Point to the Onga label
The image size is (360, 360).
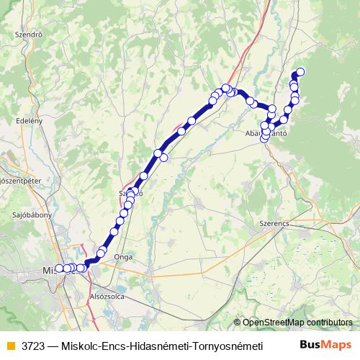click(x=122, y=255)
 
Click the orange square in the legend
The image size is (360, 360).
click(x=11, y=344)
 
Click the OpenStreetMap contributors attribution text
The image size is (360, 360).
click(x=297, y=322)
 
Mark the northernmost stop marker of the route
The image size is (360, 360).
click(x=300, y=71)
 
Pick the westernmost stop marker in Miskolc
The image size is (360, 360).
click(x=59, y=269)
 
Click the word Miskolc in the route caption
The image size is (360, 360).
click(x=79, y=344)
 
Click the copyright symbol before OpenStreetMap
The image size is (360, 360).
click(x=237, y=322)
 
